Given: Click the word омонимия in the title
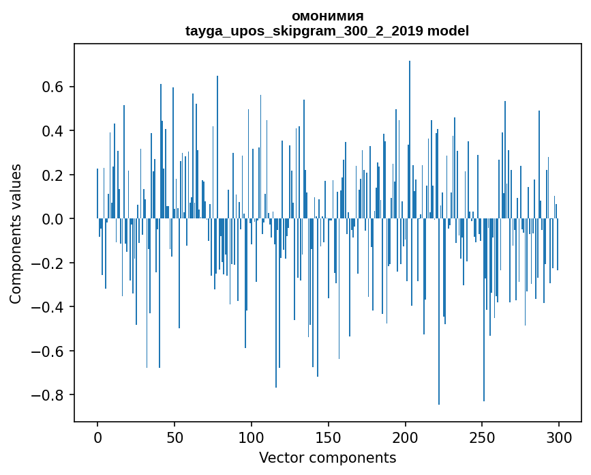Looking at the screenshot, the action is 327,16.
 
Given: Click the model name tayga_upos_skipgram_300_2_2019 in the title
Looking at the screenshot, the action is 304,31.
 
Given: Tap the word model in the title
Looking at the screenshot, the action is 448,31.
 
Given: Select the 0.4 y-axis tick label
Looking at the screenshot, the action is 52,131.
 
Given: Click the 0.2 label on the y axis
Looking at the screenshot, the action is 52,175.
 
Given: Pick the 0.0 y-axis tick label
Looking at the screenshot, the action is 52,219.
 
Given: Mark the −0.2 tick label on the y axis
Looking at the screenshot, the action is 47,263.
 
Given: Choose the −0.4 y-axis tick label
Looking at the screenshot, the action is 47,307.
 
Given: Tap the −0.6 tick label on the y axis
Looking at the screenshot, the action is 47,351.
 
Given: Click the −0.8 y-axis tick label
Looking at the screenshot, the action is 47,395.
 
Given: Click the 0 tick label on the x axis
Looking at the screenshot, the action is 97,437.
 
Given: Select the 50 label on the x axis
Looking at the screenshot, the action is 175,437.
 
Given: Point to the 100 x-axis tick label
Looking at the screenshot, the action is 251,437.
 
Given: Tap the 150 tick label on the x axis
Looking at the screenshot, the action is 329,437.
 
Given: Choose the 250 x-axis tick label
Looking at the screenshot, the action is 482,437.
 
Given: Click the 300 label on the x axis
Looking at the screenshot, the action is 559,437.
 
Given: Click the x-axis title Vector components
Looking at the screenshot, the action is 327,458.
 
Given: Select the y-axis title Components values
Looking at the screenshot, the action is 16,234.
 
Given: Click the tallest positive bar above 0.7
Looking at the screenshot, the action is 410,140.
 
